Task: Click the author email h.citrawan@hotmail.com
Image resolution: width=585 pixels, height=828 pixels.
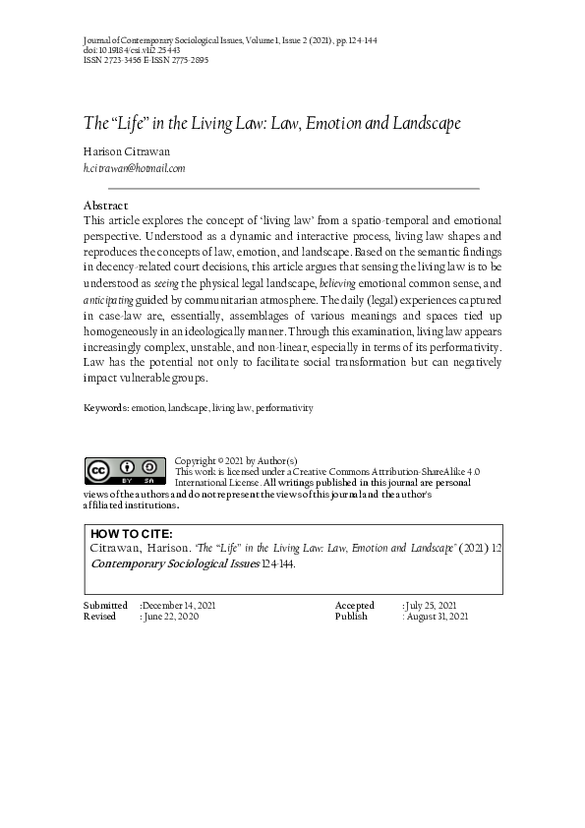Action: (134, 169)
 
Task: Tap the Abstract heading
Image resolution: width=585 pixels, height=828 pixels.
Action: (106, 205)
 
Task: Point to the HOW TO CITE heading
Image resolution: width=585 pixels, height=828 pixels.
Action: (131, 534)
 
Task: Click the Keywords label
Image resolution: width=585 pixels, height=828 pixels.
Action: (105, 407)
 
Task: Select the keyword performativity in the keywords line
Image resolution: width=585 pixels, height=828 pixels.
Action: (285, 407)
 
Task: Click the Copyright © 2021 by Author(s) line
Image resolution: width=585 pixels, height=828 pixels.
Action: (236, 460)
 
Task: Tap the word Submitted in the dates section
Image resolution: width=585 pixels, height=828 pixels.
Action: (105, 605)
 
